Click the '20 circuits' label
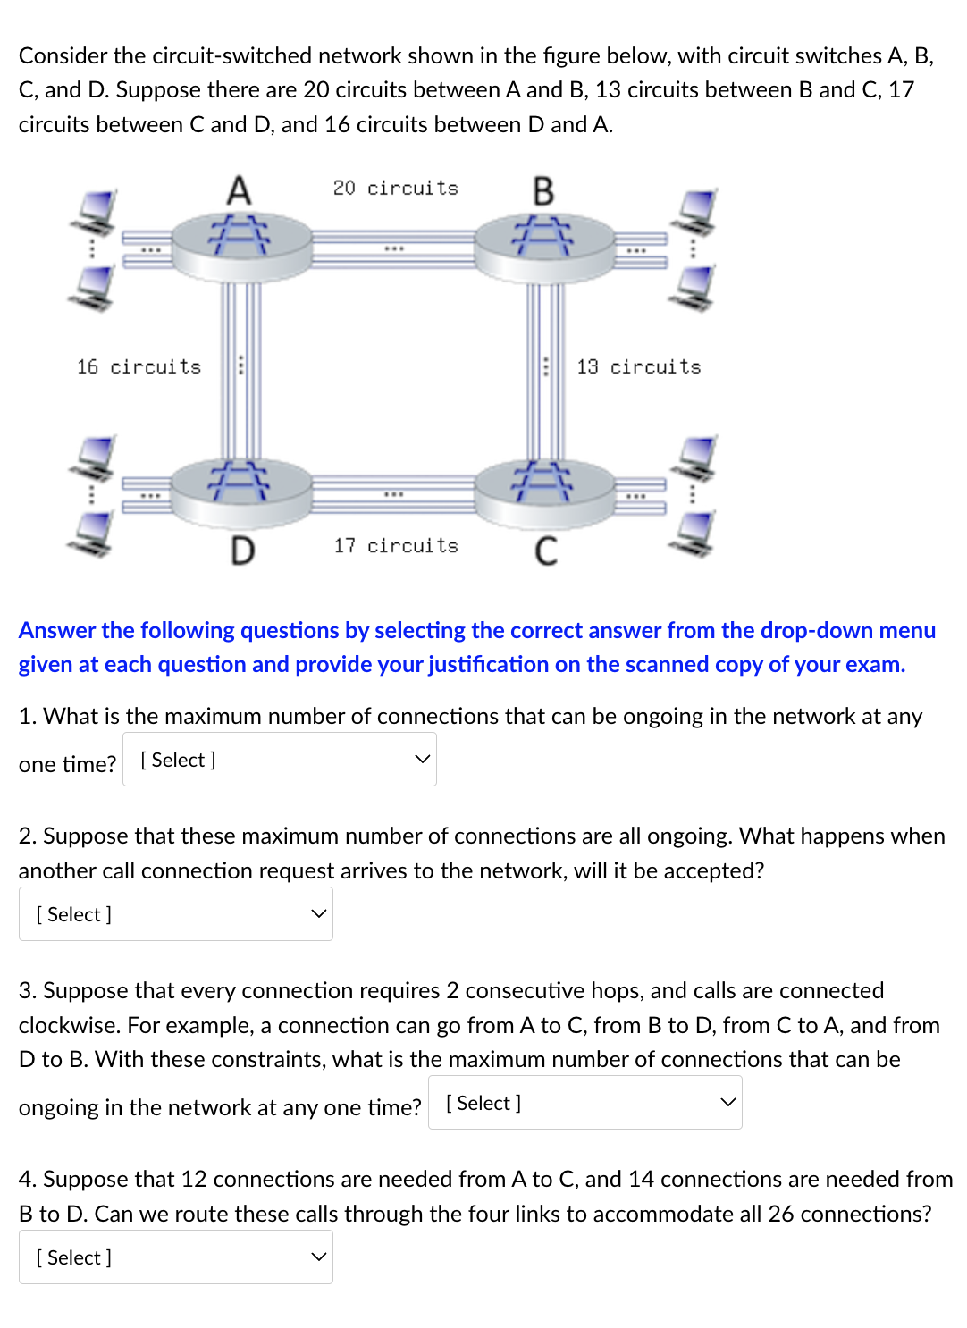395,189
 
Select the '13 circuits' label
638,367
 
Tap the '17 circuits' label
395,546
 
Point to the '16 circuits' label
139,367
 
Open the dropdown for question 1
279,760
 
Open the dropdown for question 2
175,914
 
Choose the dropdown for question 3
584,1103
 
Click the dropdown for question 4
175,1257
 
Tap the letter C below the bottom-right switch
545,551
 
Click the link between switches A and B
393,248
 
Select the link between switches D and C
393,494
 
